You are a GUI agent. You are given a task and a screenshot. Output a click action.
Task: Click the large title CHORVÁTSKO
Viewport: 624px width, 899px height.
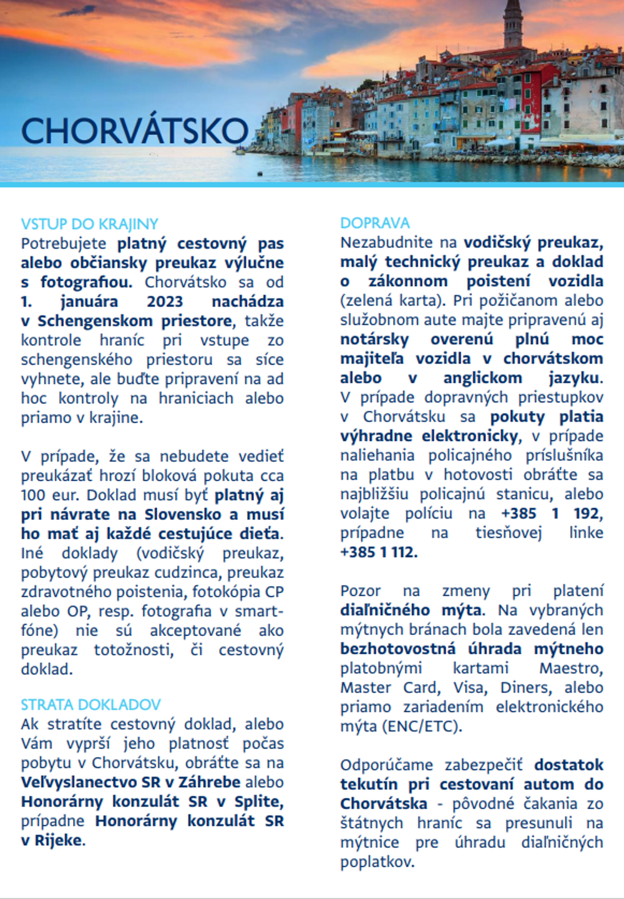coord(135,131)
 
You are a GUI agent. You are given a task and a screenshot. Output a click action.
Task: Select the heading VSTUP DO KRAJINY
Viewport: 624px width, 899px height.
coord(89,224)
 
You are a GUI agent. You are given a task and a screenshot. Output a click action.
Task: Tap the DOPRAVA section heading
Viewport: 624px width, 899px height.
coord(374,223)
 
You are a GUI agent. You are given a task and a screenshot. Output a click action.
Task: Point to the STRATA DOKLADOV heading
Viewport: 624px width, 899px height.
coord(90,705)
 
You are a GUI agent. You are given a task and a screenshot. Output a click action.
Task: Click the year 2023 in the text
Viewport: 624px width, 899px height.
coord(165,301)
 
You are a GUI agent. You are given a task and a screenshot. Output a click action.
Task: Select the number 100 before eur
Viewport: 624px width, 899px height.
coord(33,495)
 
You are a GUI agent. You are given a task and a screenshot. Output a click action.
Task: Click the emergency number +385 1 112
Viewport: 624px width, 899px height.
coord(378,552)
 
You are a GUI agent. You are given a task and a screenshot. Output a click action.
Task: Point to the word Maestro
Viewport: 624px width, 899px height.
coord(571,668)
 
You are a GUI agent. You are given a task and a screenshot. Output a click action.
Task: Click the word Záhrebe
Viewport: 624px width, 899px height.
coord(209,782)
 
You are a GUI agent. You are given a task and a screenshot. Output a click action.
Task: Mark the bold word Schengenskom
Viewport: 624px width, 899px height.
coord(95,321)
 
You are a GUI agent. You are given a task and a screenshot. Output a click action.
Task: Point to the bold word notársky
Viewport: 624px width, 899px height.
coord(374,339)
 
